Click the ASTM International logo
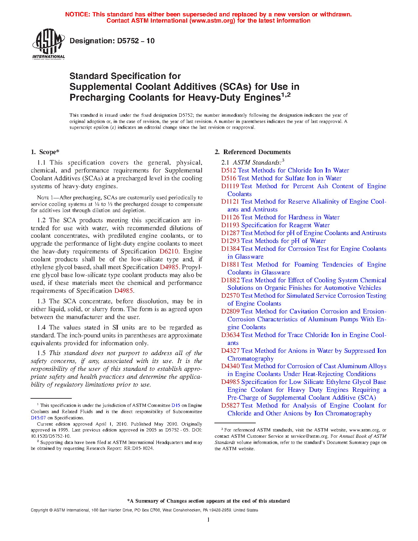[x=48, y=44]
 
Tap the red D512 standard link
[x=229, y=170]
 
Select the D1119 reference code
[x=230, y=186]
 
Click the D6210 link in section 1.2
[x=169, y=251]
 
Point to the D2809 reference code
[x=230, y=311]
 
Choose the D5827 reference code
[x=230, y=406]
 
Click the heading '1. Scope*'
[x=45, y=152]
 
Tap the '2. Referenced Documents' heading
[x=252, y=152]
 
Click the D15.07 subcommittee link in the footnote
[x=37, y=418]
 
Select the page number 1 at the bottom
[x=209, y=520]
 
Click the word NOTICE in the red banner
[x=78, y=14]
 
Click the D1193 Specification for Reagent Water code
[x=230, y=225]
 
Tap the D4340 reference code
[x=230, y=366]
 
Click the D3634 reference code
[x=230, y=335]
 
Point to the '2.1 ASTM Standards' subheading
[x=253, y=163]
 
